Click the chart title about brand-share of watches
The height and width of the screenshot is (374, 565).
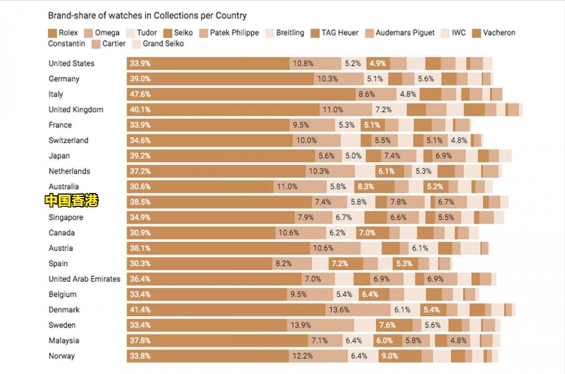tap(147, 16)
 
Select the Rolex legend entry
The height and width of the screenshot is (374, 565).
tap(63, 33)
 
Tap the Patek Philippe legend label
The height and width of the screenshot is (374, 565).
tap(229, 33)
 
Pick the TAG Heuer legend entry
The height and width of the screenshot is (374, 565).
tap(334, 33)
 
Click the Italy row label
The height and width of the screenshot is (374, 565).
tap(56, 94)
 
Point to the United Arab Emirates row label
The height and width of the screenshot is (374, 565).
tap(84, 279)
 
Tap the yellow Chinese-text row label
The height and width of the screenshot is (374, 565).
tap(72, 201)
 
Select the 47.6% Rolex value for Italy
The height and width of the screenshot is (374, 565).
tap(140, 94)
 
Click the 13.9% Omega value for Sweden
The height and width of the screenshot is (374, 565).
tap(301, 325)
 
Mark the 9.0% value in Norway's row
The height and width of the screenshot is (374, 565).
tap(389, 356)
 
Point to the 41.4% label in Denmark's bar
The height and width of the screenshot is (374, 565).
tap(140, 310)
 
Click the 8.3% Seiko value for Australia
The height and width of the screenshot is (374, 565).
tap(366, 187)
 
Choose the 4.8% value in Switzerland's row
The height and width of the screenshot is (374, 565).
tap(459, 140)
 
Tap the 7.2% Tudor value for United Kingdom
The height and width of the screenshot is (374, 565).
tap(383, 110)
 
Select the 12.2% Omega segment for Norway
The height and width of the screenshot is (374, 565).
tap(302, 356)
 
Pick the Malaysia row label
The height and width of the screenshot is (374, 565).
tap(64, 341)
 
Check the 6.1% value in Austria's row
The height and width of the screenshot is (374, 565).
tap(420, 248)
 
